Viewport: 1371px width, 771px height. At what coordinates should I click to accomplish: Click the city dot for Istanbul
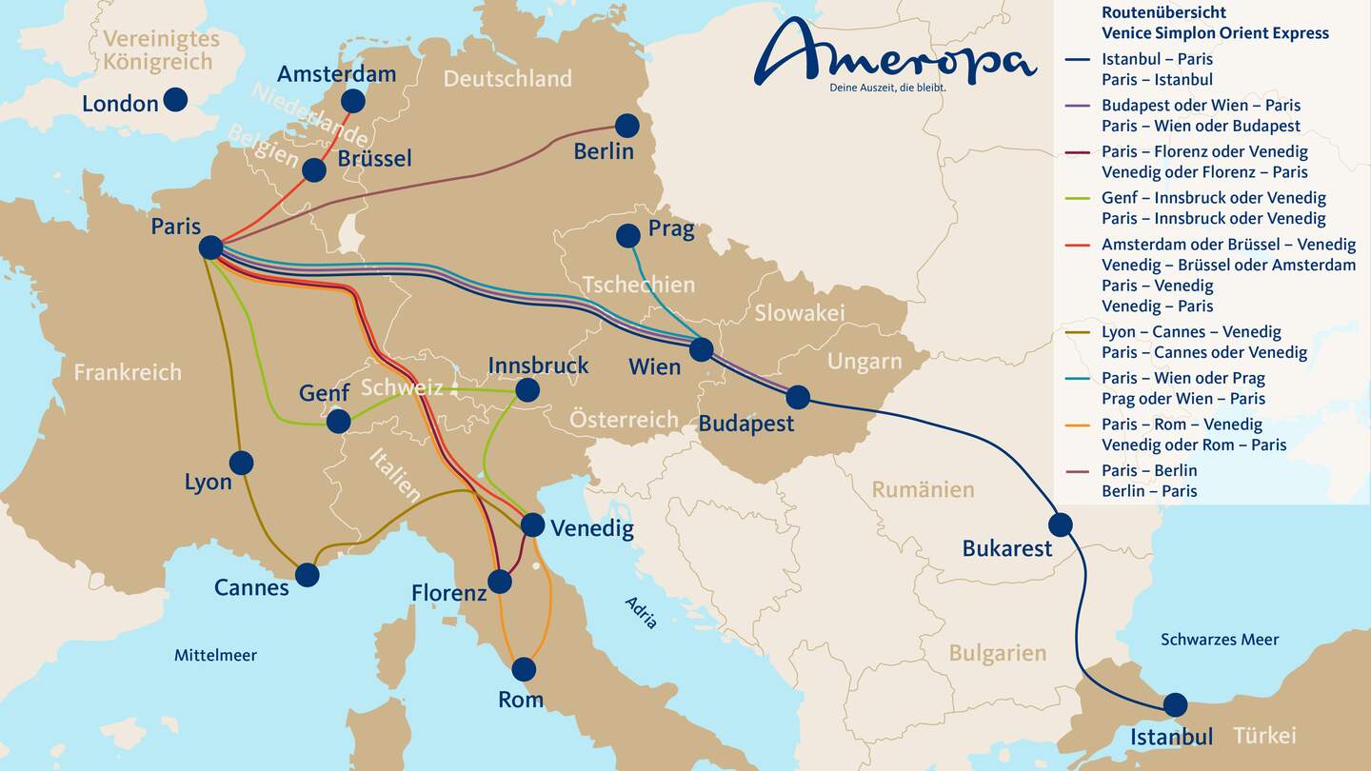[1175, 704]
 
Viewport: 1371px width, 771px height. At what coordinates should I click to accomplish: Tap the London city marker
[175, 99]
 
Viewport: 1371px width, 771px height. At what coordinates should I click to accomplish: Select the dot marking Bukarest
[1060, 524]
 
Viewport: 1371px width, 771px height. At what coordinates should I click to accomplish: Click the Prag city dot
[628, 235]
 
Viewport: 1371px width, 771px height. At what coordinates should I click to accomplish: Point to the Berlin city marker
[626, 126]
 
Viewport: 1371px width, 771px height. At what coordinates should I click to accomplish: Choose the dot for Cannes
[307, 574]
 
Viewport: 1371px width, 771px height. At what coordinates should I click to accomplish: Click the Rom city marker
[524, 669]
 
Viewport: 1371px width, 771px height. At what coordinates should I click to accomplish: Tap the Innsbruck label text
[538, 366]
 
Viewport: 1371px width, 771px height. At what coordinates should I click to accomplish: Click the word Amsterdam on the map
[336, 74]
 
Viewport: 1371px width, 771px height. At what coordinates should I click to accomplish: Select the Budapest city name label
[745, 424]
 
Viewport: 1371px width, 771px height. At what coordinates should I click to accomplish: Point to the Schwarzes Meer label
[1219, 640]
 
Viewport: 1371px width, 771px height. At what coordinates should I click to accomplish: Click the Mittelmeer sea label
[215, 655]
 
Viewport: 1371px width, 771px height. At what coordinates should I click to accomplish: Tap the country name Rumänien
[923, 489]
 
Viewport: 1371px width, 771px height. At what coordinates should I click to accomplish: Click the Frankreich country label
[127, 372]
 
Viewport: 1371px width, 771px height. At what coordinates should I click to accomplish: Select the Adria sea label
[641, 612]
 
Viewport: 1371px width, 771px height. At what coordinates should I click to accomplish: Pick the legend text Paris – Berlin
[1149, 470]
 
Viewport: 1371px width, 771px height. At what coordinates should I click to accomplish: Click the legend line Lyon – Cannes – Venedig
[1191, 332]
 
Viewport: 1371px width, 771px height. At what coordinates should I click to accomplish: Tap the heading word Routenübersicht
[1163, 12]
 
